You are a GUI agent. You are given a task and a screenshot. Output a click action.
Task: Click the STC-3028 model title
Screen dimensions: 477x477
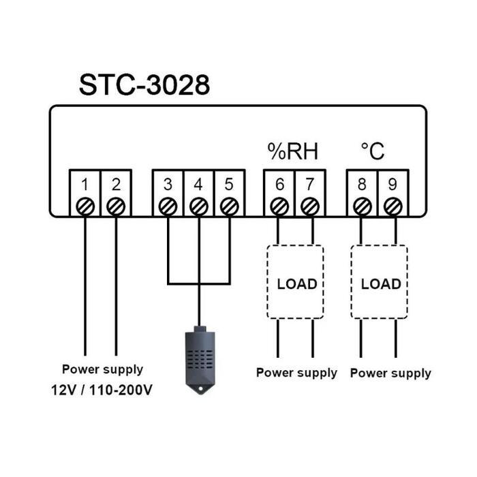click(144, 85)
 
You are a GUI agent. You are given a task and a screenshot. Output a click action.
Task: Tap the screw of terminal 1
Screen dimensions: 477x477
click(85, 206)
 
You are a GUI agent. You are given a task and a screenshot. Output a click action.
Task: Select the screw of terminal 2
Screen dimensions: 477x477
click(117, 206)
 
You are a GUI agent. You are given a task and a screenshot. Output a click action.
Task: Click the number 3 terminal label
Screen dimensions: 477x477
click(168, 184)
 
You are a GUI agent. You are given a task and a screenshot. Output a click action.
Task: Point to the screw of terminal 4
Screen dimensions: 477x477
click(198, 206)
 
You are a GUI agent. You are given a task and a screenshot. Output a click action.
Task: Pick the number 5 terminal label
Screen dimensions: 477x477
click(229, 184)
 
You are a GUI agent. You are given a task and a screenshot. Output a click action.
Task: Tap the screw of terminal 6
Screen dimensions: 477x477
click(279, 206)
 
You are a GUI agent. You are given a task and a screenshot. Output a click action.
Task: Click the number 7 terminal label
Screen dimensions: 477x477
click(310, 184)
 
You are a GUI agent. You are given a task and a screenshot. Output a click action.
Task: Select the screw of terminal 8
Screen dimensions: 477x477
click(363, 206)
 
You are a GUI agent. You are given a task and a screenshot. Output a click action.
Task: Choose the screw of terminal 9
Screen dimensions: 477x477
click(393, 206)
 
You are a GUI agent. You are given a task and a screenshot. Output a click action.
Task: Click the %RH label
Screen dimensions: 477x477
click(293, 151)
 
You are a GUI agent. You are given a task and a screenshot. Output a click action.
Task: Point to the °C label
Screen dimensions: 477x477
click(373, 151)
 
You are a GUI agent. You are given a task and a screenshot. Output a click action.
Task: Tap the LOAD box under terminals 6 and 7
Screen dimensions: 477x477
click(296, 283)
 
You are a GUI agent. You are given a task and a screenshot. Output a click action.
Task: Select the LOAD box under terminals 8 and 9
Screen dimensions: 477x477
click(380, 283)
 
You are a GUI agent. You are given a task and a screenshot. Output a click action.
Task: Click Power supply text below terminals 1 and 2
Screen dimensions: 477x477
click(103, 369)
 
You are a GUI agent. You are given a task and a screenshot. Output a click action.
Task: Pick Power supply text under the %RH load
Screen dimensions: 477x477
click(296, 373)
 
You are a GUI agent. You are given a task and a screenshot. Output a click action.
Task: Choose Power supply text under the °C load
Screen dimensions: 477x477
click(390, 373)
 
